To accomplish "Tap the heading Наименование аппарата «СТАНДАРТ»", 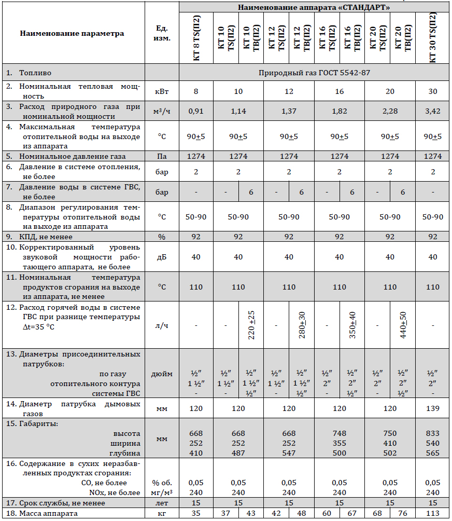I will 315,7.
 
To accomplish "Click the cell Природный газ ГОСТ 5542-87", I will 315,72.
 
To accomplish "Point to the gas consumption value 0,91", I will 196,111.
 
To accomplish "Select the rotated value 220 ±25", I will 251,325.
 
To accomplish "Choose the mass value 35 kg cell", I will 196,514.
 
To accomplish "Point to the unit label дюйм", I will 162,374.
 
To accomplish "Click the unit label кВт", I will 162,91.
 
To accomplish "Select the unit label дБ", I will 162,257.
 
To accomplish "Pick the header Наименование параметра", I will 72,33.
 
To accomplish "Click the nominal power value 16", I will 340,91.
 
